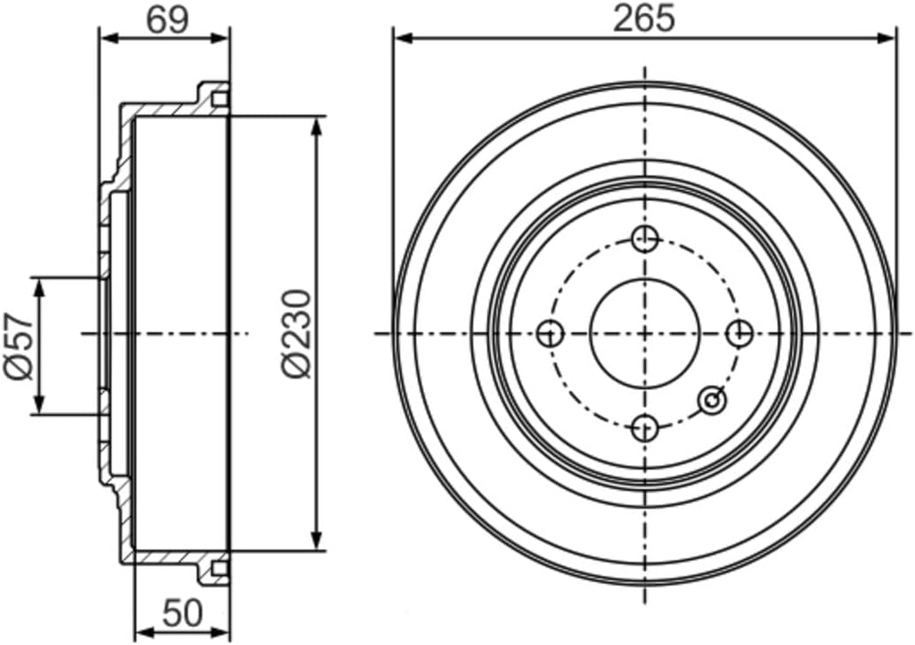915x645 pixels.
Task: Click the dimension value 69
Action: click(167, 20)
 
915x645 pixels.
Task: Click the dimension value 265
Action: click(644, 19)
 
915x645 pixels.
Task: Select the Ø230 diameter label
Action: click(298, 332)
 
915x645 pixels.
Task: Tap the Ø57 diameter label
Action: click(20, 346)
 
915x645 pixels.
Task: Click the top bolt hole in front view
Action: click(644, 239)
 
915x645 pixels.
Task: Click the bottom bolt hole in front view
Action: click(644, 428)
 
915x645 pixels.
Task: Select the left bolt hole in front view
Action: click(551, 334)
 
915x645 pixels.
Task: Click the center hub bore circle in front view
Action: click(644, 333)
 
